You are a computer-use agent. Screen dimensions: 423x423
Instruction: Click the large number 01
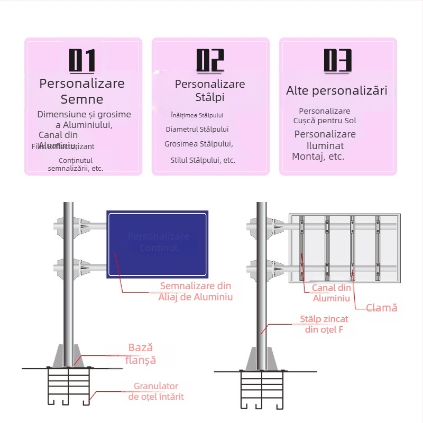coord(82,61)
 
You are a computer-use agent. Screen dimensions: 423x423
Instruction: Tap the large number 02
coord(210,61)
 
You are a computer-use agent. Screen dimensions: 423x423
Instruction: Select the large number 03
coord(338,61)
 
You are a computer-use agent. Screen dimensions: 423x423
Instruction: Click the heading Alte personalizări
coord(337,90)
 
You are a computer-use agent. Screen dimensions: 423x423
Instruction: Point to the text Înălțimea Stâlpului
coord(197,115)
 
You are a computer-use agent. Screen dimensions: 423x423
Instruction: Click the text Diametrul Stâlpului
coord(197,129)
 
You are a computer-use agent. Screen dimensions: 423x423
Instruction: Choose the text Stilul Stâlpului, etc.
coord(203,160)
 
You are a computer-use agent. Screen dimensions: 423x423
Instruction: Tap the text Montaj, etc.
coord(318,157)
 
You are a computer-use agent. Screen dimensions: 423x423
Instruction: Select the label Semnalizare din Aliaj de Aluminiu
coord(196,291)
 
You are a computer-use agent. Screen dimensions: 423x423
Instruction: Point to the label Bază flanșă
coord(142,354)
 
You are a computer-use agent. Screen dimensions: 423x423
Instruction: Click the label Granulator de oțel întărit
coord(156,391)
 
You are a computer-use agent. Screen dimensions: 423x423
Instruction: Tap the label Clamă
coord(382,307)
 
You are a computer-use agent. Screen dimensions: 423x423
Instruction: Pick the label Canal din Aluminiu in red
coord(332,293)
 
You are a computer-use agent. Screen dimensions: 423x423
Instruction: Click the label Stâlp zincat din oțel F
coord(324,324)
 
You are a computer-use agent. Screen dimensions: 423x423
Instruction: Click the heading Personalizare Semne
coord(82,91)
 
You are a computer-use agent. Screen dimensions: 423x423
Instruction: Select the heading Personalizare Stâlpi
coord(210,90)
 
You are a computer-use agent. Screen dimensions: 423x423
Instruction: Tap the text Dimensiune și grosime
coord(84,114)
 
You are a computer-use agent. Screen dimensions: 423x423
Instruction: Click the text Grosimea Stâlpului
coord(198,144)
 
